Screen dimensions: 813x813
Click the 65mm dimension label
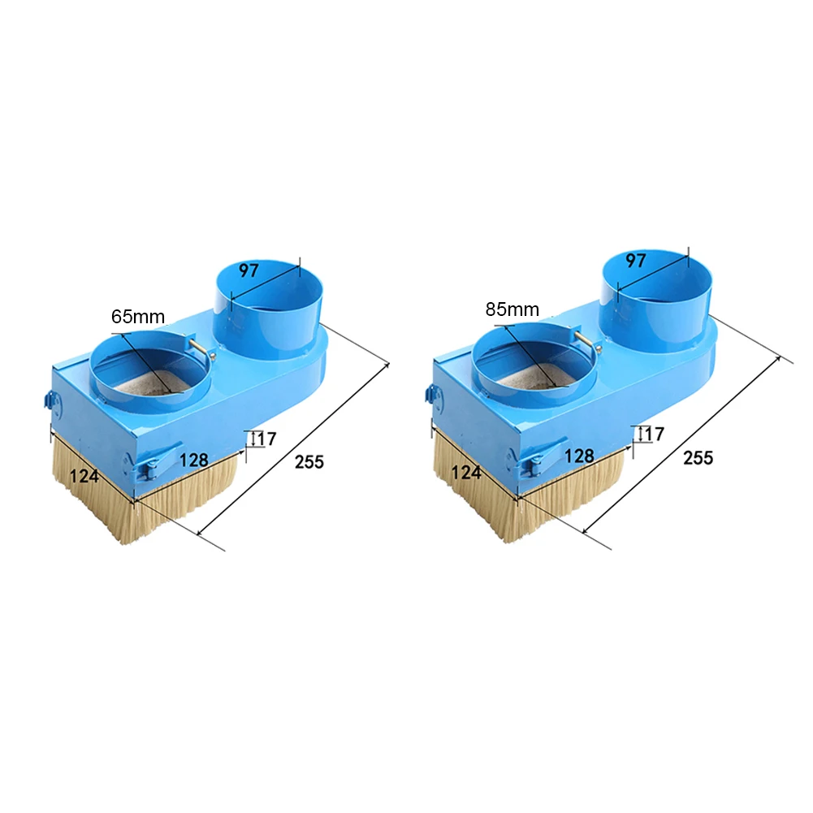[x=138, y=316]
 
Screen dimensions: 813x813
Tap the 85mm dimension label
[x=512, y=309]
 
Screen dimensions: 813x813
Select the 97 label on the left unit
[x=249, y=270]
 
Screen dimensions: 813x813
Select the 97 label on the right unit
[x=636, y=260]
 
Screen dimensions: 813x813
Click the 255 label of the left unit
[x=309, y=461]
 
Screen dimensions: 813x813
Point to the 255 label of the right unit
[x=698, y=458]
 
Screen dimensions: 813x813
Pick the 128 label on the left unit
[x=194, y=460]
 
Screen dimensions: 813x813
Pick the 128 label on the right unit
[x=579, y=456]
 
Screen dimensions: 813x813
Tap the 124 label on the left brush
[x=84, y=475]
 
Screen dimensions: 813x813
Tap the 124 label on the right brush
[x=466, y=473]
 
